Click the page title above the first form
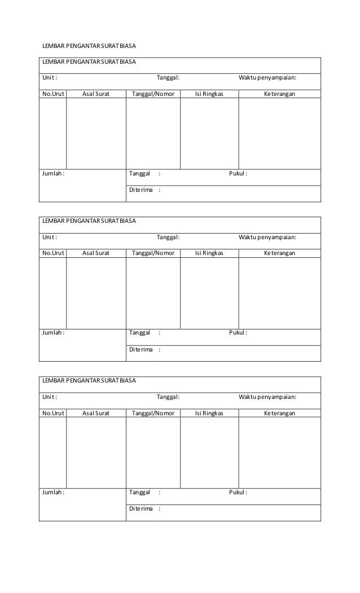pos(90,45)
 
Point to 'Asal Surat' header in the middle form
pos(96,253)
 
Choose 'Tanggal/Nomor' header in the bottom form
pos(153,414)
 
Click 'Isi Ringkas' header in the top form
pos(209,94)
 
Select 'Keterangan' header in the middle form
pos(280,253)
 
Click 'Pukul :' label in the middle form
pos(238,333)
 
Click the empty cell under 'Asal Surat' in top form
pos(96,133)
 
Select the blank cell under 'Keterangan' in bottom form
pos(280,453)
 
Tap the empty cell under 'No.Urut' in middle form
pos(52,293)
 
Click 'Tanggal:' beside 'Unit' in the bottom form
pos(168,397)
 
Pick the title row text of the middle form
pos(90,221)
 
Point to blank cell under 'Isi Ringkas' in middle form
pos(209,293)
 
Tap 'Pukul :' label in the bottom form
pos(238,493)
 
